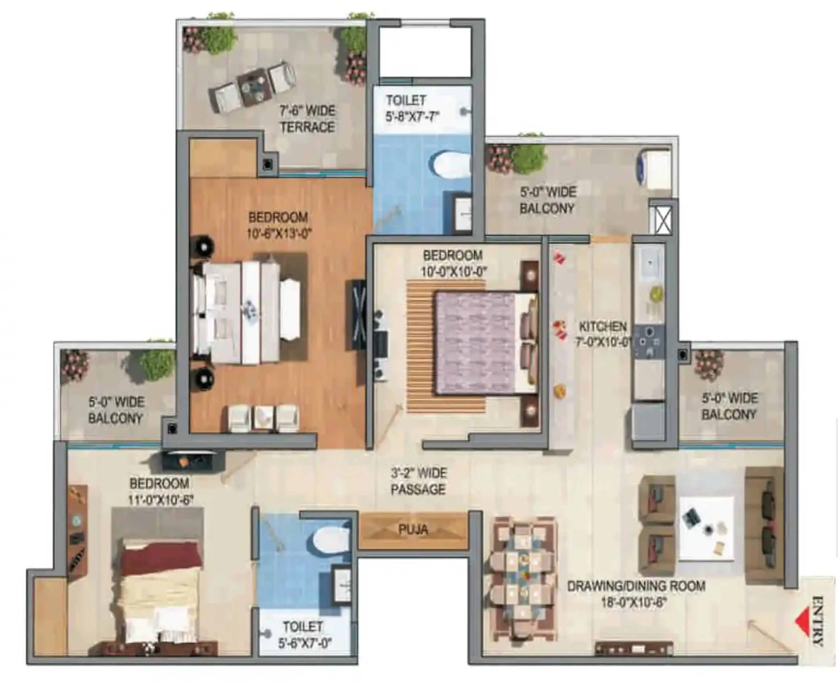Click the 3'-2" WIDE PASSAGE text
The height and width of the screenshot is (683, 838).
(418, 481)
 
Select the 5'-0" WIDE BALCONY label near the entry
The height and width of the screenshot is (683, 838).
(729, 406)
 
